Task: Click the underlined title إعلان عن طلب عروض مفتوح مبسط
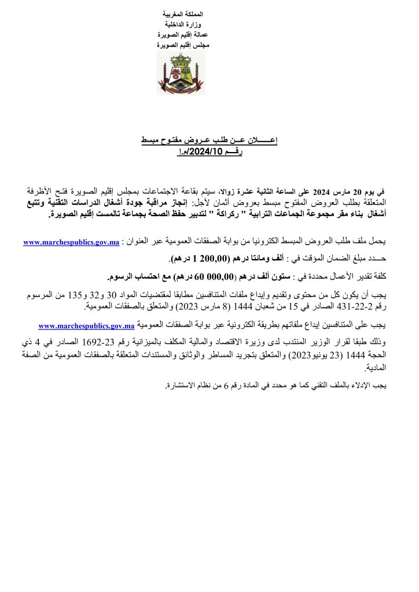[x=209, y=141]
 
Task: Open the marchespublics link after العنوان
[x=71, y=242]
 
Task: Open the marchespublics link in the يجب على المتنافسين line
[x=86, y=326]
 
